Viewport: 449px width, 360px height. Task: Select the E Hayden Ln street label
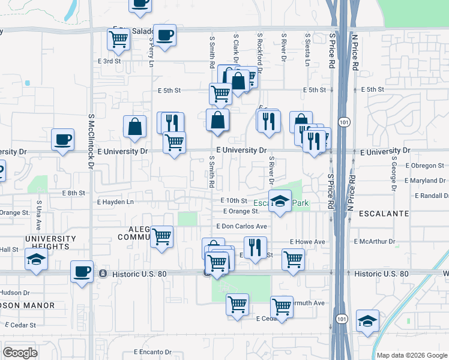[x=115, y=202]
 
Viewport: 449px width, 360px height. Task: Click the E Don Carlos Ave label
[x=241, y=226]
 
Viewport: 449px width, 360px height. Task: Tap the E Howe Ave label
[x=307, y=242]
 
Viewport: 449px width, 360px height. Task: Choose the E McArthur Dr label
[x=375, y=242]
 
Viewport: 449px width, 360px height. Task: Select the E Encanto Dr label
[x=152, y=352]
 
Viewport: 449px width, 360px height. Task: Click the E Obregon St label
[x=424, y=165]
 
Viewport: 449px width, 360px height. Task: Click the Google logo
[x=20, y=353]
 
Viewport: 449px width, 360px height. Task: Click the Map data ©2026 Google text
[x=411, y=355]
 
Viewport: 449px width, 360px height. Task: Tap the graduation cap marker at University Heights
[x=36, y=259]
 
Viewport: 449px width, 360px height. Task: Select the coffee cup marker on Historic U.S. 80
[x=82, y=271]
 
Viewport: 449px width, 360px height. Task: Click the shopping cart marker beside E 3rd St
[x=118, y=40]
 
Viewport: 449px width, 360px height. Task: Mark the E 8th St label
[x=74, y=193]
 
